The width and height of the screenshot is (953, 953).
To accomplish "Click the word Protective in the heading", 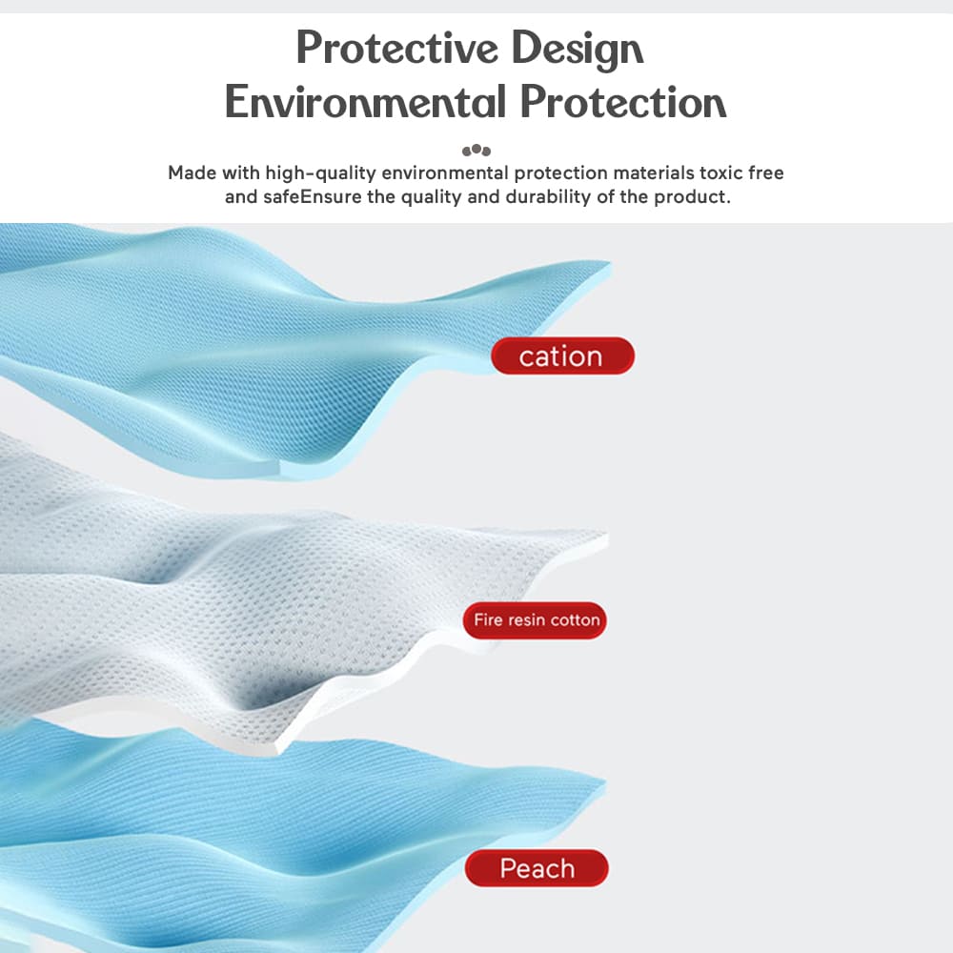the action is coord(396,48).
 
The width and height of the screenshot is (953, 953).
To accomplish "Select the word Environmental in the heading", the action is coord(365,102).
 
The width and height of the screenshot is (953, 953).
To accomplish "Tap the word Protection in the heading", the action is coord(623,102).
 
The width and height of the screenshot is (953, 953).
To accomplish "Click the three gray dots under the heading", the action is coord(476,151).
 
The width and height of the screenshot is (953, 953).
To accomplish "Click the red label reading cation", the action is coord(562,356).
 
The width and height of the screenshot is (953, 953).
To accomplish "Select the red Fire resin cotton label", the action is coord(535,620).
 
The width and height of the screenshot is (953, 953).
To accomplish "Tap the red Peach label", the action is coord(537,868).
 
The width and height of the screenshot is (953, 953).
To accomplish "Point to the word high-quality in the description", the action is coord(320,173).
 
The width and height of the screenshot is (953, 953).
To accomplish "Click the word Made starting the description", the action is coord(192,172).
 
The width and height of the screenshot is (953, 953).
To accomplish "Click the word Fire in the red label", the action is coord(488,620).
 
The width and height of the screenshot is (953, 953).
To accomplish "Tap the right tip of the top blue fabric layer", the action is coord(610,263).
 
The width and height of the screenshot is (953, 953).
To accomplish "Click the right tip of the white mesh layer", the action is coord(606,535).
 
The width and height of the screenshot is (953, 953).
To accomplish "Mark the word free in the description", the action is coord(766,172).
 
